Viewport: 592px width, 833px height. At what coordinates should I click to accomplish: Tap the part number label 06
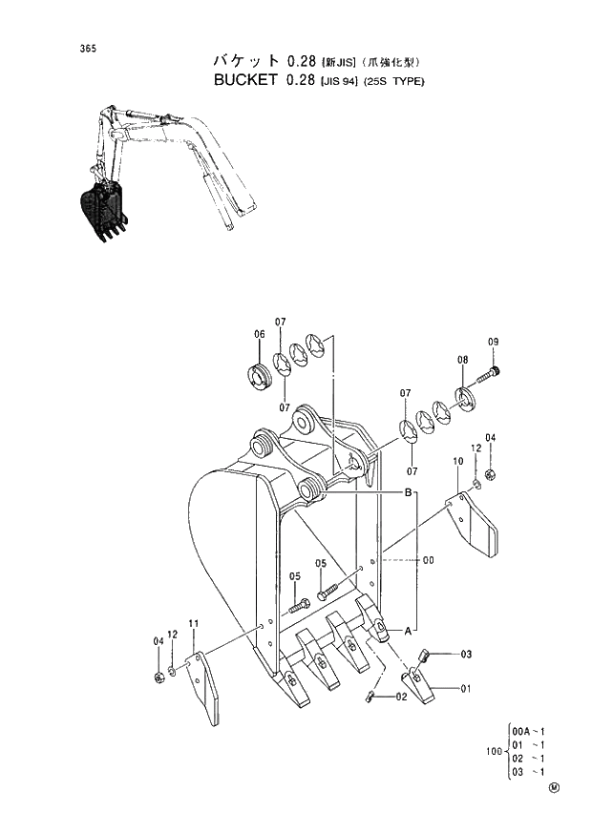pyautogui.click(x=259, y=334)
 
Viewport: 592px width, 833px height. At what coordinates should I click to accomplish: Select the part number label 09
pyautogui.click(x=494, y=342)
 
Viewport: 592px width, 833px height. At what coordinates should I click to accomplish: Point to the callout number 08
pyautogui.click(x=462, y=360)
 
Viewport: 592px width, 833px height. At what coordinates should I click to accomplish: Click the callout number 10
pyautogui.click(x=458, y=461)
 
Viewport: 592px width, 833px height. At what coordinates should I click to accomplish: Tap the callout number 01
pyautogui.click(x=466, y=687)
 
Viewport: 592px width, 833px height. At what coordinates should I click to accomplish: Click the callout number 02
pyautogui.click(x=402, y=697)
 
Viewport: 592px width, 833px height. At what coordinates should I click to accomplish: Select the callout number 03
pyautogui.click(x=466, y=654)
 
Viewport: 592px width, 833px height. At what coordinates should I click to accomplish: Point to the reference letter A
pyautogui.click(x=408, y=631)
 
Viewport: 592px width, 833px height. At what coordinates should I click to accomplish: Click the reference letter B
pyautogui.click(x=408, y=492)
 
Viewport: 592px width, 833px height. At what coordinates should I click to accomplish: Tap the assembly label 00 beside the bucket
pyautogui.click(x=428, y=561)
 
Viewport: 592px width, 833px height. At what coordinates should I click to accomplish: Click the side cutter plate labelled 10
pyautogui.click(x=475, y=523)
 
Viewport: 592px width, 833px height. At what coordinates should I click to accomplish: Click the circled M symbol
pyautogui.click(x=555, y=788)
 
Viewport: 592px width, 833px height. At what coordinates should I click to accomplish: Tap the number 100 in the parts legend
pyautogui.click(x=495, y=751)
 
